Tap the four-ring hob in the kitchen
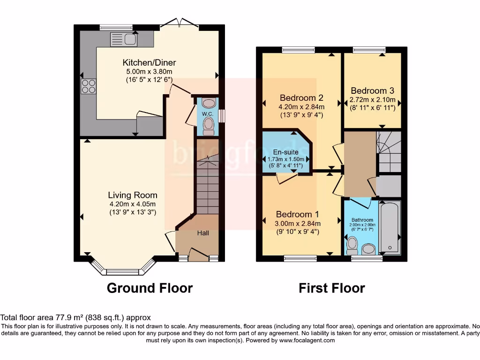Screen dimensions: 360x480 click(x=89, y=86)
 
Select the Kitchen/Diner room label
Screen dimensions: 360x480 click(x=149, y=63)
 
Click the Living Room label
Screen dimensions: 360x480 click(x=133, y=195)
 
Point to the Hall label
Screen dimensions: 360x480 click(x=202, y=233)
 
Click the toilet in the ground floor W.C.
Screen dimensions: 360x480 click(x=209, y=125)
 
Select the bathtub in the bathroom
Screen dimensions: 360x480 click(x=390, y=227)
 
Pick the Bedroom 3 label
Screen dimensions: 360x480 click(x=372, y=91)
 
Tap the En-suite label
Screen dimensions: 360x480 click(x=286, y=152)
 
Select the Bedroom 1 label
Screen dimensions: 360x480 click(x=298, y=215)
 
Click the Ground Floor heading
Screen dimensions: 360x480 click(x=150, y=288)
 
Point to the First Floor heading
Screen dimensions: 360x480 click(x=331, y=288)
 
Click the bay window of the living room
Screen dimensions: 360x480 click(x=122, y=270)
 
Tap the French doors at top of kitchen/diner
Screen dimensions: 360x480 click(x=180, y=23)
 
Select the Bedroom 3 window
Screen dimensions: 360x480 click(x=369, y=50)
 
